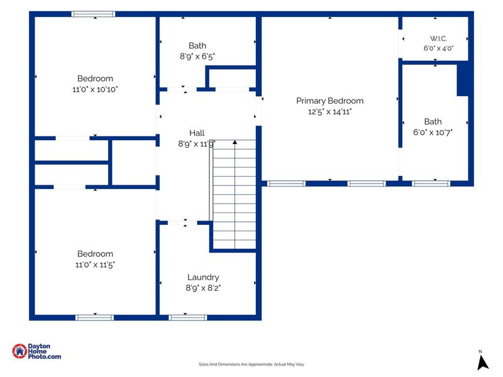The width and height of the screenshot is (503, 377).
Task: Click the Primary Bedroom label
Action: [329, 101]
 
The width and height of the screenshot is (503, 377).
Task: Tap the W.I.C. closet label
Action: [438, 38]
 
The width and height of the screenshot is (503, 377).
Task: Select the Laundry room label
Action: [203, 277]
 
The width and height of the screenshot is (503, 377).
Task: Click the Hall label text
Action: [197, 133]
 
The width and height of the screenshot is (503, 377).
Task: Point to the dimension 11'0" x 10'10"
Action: [95, 89]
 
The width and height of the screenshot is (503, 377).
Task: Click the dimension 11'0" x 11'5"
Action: [95, 265]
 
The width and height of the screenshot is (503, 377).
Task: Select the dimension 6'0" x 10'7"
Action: [433, 133]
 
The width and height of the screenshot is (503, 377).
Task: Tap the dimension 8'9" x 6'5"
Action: [197, 57]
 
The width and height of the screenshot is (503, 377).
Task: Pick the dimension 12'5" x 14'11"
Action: [329, 112]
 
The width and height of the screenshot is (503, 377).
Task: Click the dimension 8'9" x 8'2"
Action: [203, 288]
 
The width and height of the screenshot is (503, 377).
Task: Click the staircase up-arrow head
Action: [235, 142]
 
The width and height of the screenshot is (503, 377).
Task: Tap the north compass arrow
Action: [482, 363]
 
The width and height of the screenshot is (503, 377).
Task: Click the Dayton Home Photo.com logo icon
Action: [19, 351]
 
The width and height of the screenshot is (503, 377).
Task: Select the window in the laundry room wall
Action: [187, 318]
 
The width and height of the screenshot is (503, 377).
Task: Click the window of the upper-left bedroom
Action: [93, 14]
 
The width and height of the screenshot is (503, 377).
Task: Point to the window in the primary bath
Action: [431, 183]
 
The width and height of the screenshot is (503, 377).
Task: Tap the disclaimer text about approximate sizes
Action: [251, 364]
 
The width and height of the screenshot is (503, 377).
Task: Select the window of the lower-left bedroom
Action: [95, 318]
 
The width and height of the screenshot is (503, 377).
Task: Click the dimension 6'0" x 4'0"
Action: [438, 48]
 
